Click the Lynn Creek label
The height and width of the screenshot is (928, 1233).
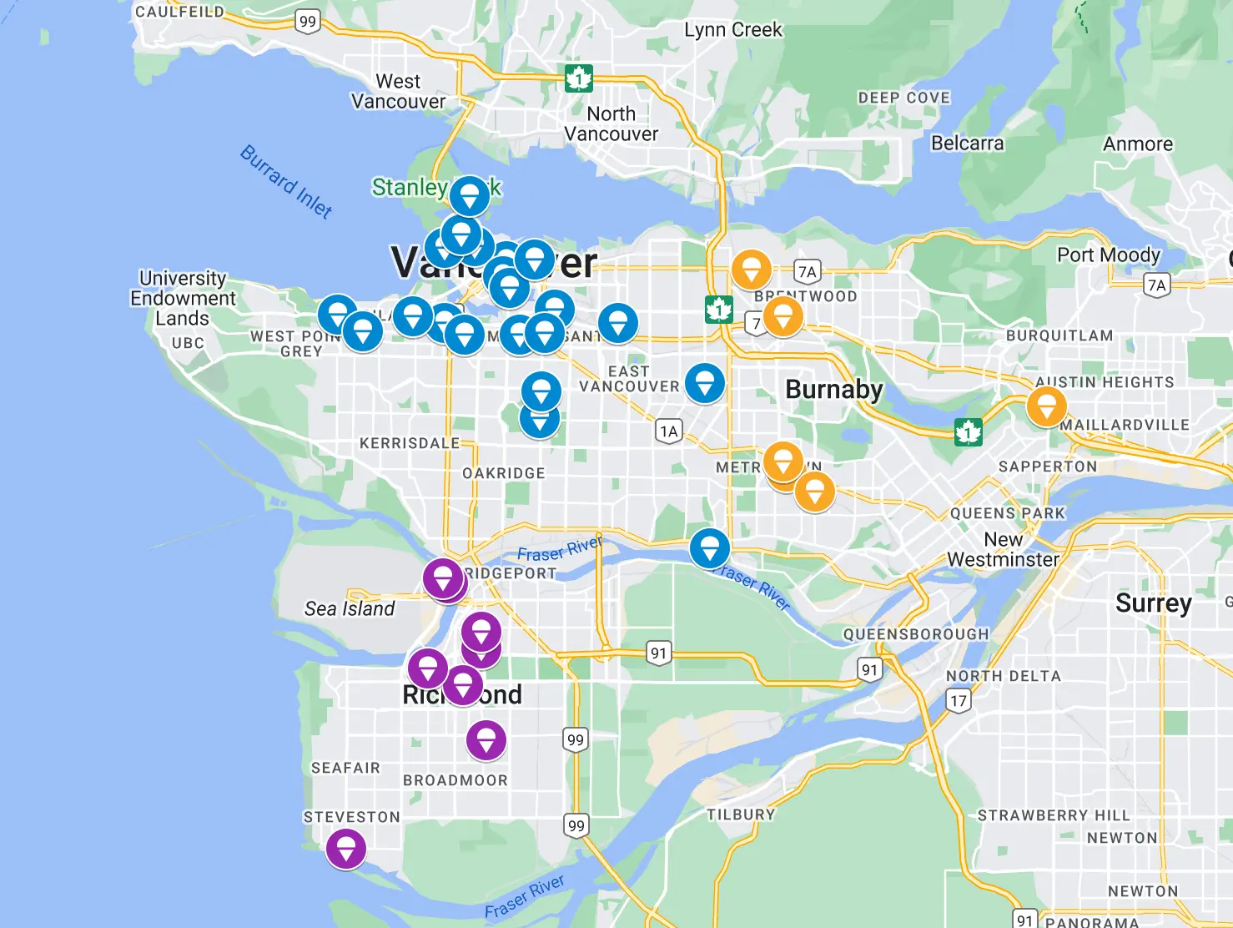coord(732,30)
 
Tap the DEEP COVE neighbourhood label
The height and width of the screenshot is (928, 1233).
coord(904,98)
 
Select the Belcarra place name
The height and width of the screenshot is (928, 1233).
coord(967,143)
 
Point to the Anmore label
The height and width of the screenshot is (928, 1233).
coord(1137,144)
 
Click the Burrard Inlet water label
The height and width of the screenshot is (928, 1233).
coord(286,181)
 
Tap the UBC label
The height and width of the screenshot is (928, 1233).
coord(188,343)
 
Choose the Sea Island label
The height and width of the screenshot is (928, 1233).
coord(350,608)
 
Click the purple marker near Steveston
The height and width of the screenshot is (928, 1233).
coord(345,849)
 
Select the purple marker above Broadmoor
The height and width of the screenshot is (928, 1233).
coord(486,739)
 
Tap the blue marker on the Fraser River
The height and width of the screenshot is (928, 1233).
coord(710,548)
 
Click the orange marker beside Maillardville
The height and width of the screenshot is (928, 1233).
coord(1046,406)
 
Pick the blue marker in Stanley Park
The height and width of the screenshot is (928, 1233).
coord(470,196)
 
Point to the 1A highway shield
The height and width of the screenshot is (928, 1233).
coord(668,431)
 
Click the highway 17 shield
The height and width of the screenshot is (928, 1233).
coord(959,700)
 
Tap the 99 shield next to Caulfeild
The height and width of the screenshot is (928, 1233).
coord(308,22)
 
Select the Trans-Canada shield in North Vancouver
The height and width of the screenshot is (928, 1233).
coord(578,78)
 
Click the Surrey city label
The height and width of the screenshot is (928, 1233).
coord(1153,603)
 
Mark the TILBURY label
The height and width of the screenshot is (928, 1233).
coord(741,815)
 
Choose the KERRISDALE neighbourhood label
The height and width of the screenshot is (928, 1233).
coord(410,443)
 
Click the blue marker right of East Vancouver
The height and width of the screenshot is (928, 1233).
coord(705,383)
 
